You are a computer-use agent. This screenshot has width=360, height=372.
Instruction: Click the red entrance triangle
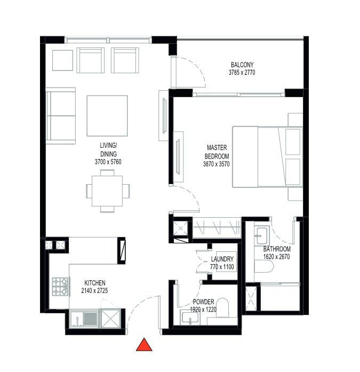144,345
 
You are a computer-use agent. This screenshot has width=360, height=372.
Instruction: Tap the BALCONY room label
242,65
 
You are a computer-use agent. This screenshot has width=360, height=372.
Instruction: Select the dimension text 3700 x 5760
108,162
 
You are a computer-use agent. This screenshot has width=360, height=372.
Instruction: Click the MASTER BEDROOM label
217,152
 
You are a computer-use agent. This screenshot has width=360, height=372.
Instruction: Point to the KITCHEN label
95,283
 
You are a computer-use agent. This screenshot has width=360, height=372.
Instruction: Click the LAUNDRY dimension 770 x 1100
222,267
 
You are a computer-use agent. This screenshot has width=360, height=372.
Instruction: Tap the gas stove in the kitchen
60,287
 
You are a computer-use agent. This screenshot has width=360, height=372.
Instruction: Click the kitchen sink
84,319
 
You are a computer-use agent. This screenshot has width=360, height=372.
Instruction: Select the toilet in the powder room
223,307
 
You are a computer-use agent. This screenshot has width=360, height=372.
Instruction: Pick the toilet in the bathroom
264,266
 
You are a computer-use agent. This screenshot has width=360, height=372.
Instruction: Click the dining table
107,191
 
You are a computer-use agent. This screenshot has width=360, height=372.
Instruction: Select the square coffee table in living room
107,116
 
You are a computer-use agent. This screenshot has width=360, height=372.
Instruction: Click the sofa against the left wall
61,116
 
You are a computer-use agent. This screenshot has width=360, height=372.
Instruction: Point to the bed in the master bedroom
267,157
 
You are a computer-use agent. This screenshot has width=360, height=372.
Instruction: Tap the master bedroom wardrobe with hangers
217,228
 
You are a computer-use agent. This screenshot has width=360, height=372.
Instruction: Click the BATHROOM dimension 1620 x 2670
277,257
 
